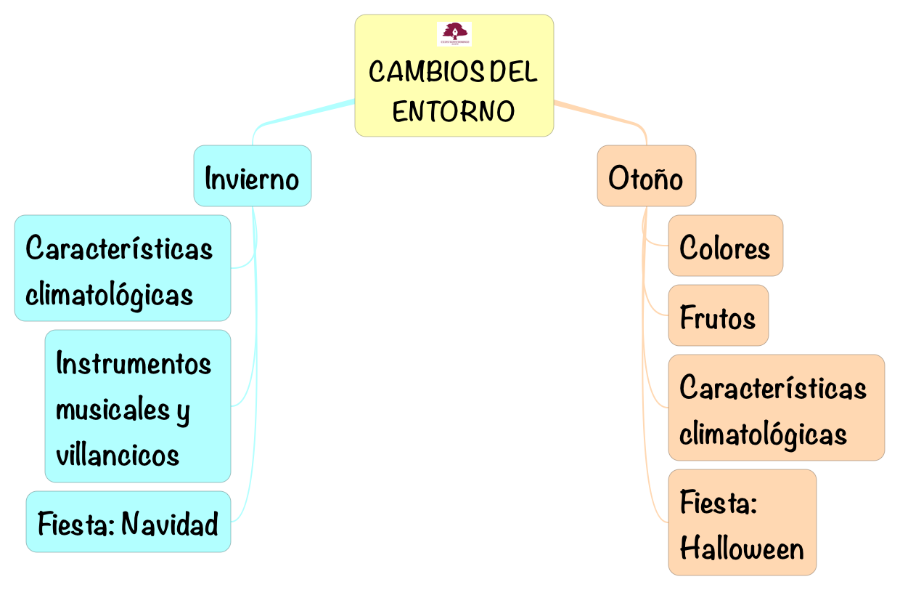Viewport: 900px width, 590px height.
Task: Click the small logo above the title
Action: click(x=454, y=33)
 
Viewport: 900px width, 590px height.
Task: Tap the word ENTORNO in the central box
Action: click(x=454, y=111)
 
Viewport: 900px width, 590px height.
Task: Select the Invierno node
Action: click(x=252, y=177)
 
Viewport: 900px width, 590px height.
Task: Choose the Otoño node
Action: click(x=646, y=177)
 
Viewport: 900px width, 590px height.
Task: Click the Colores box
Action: click(x=725, y=246)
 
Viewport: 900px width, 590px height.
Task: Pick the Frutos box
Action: click(x=718, y=316)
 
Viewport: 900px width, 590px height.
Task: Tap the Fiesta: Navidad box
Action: click(x=128, y=522)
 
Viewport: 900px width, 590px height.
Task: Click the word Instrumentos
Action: click(x=134, y=363)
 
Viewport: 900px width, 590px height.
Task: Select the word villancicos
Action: click(x=118, y=454)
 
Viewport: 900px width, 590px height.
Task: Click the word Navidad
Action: click(x=170, y=522)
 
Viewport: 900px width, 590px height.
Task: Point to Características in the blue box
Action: click(x=120, y=248)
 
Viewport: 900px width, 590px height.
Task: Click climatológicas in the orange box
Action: click(x=764, y=434)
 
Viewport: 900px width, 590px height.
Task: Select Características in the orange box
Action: click(x=773, y=387)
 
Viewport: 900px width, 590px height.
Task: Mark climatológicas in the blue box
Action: click(x=110, y=294)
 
